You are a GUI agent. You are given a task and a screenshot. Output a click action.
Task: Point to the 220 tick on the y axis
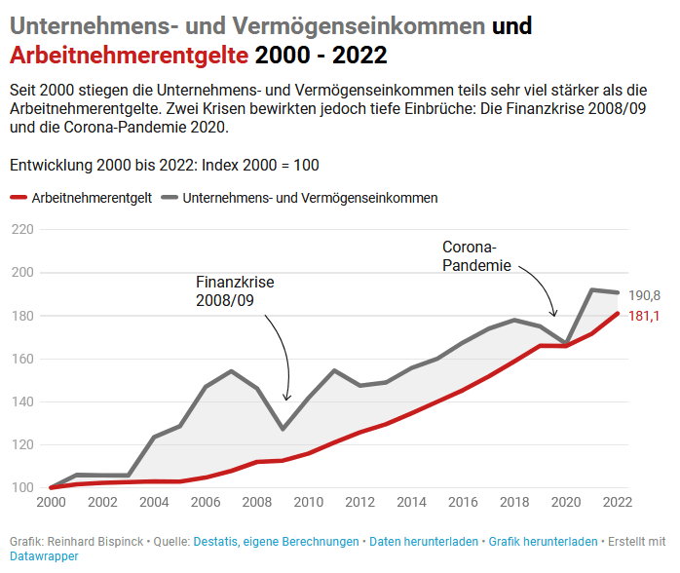[21, 230]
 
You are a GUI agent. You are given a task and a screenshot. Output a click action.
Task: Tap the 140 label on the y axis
[21, 401]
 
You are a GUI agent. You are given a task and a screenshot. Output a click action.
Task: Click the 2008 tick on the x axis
[255, 503]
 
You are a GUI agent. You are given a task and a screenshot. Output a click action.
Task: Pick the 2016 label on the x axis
[462, 503]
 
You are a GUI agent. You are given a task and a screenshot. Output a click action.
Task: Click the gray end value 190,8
[644, 295]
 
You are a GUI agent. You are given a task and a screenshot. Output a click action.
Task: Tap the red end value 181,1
[644, 316]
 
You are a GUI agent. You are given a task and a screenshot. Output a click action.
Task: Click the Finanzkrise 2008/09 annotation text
[235, 290]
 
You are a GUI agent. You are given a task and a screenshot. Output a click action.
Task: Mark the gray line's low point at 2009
[282, 429]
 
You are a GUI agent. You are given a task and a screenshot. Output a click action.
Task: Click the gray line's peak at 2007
[231, 371]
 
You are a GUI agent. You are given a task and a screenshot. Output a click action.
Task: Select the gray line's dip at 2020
[566, 344]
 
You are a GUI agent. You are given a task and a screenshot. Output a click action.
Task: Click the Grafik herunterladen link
[544, 541]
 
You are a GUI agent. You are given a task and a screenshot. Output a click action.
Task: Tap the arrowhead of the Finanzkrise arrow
[285, 398]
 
